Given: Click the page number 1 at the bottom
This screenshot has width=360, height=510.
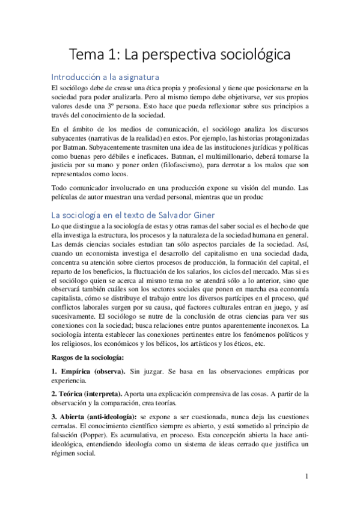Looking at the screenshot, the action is click(x=307, y=477).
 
